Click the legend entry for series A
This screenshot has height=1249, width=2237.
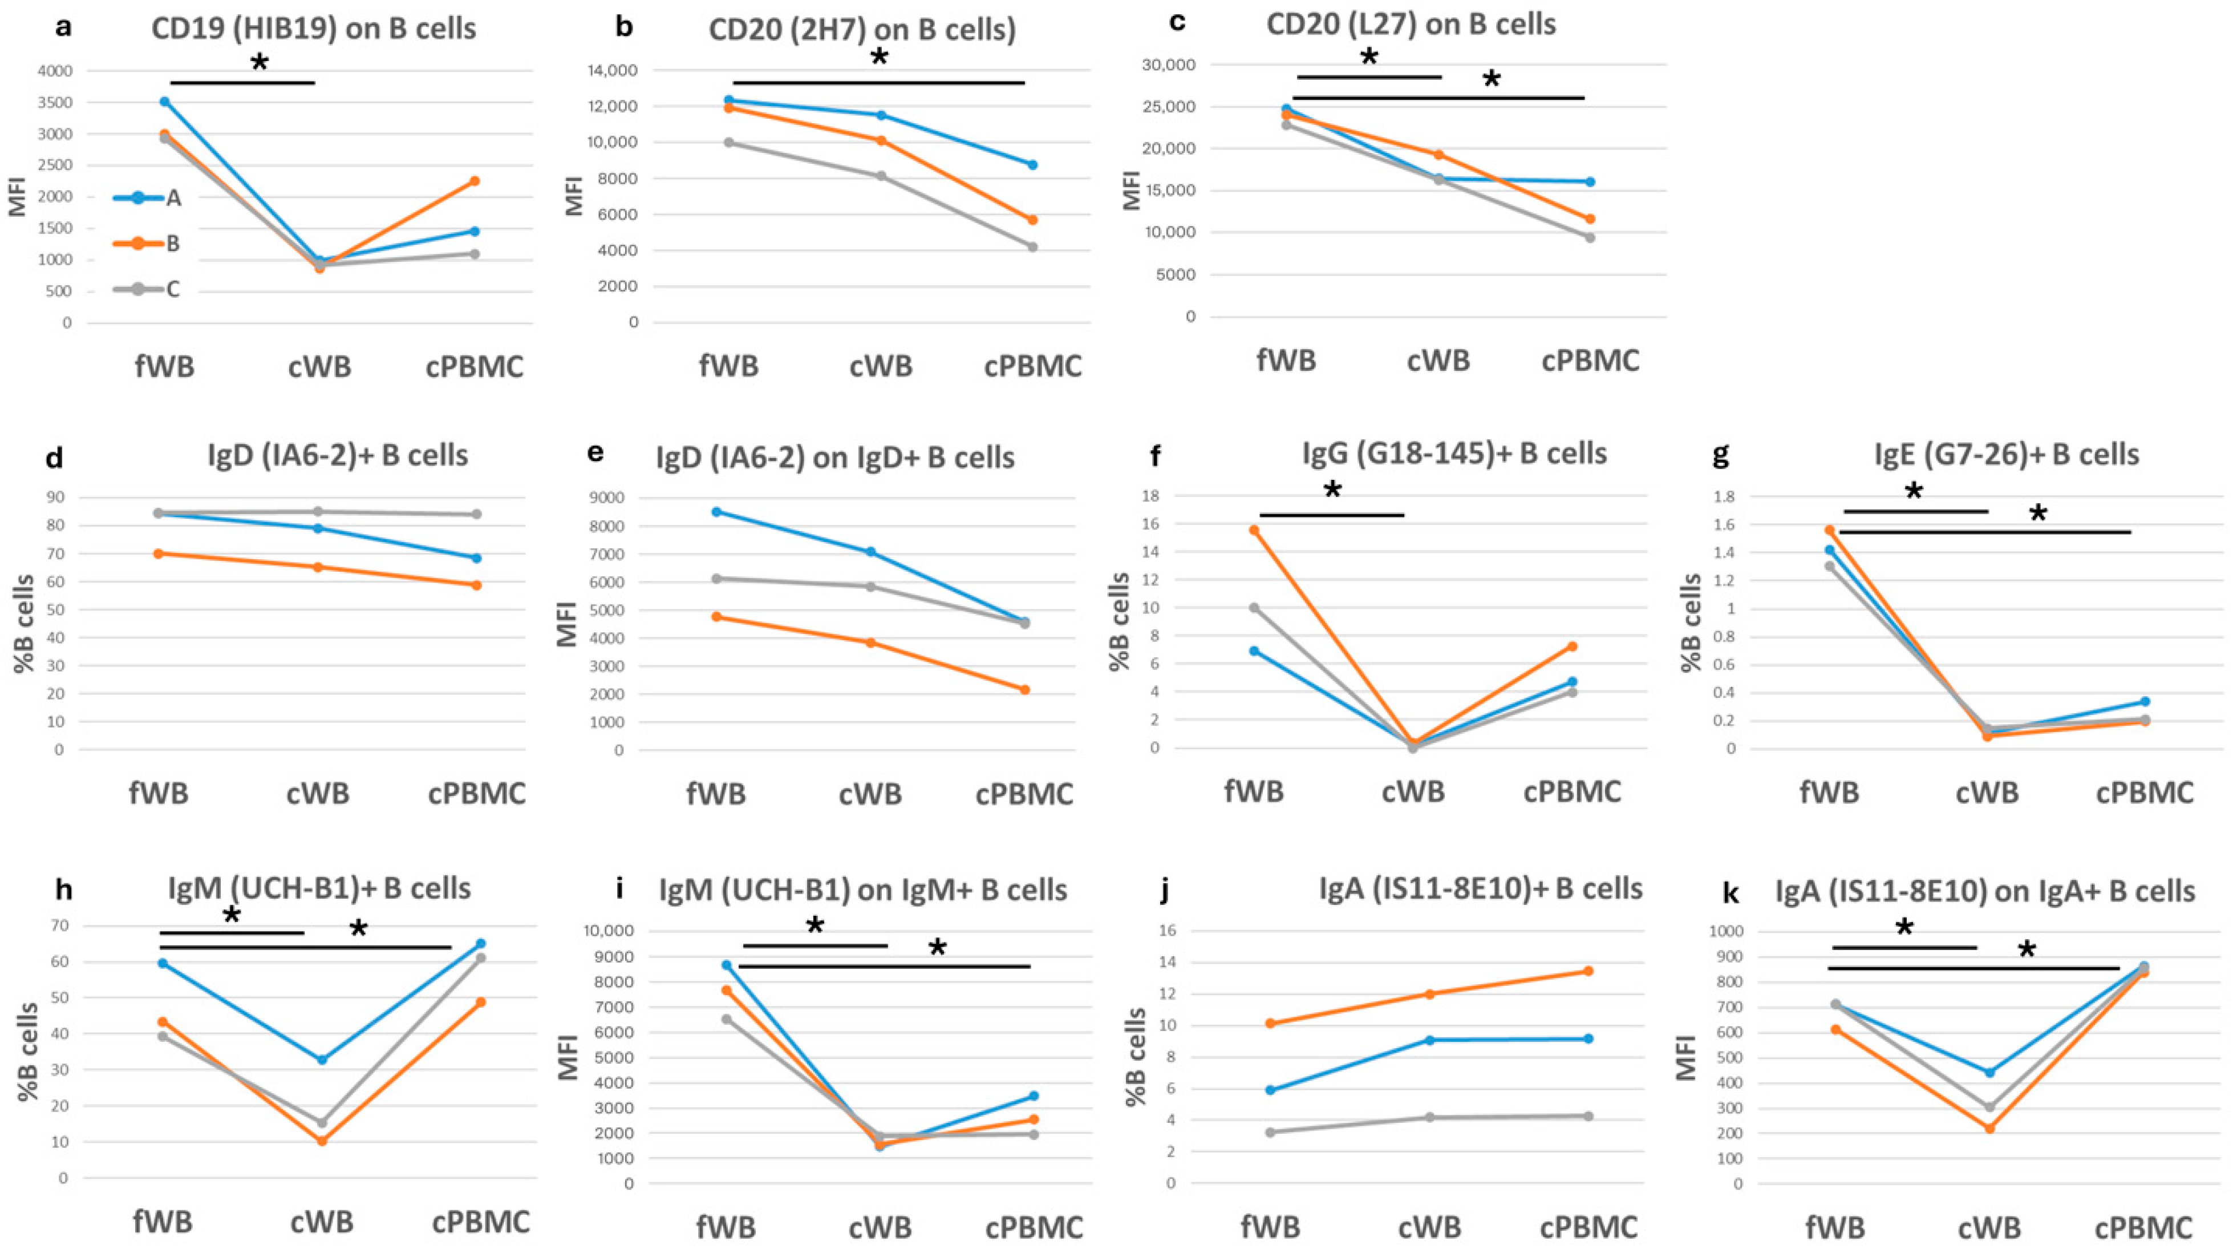pyautogui.click(x=148, y=198)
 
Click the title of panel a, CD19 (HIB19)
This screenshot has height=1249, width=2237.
pyautogui.click(x=314, y=28)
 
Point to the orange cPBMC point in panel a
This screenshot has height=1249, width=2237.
pyautogui.click(x=475, y=181)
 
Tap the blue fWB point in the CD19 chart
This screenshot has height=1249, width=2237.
pyautogui.click(x=164, y=102)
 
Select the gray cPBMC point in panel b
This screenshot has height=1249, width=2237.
pyautogui.click(x=1032, y=246)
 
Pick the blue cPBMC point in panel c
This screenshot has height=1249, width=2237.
pyautogui.click(x=1590, y=181)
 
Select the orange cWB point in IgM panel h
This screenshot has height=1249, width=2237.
pyautogui.click(x=321, y=1141)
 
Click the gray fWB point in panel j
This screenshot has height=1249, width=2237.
pyautogui.click(x=1270, y=1131)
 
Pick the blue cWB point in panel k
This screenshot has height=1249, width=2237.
pyautogui.click(x=1989, y=1073)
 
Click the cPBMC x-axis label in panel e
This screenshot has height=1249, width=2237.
pyautogui.click(x=1025, y=793)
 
